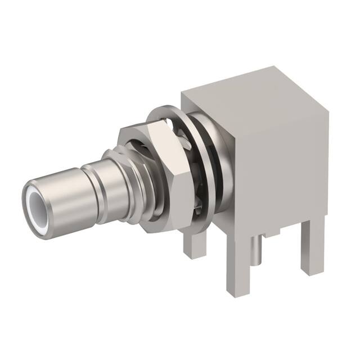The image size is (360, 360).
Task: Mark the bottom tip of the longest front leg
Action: click(237, 291)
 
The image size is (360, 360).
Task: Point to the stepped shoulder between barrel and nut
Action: click(115, 169)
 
